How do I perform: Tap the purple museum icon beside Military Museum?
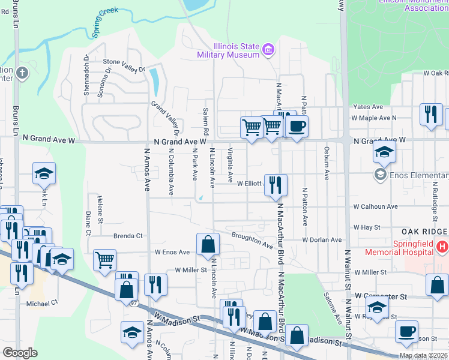click(x=268, y=49)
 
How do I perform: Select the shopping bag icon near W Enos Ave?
click(x=208, y=244)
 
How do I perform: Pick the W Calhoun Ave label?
click(x=375, y=206)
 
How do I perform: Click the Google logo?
click(x=20, y=352)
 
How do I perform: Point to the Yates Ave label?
click(x=369, y=107)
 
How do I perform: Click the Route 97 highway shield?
click(x=134, y=303)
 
